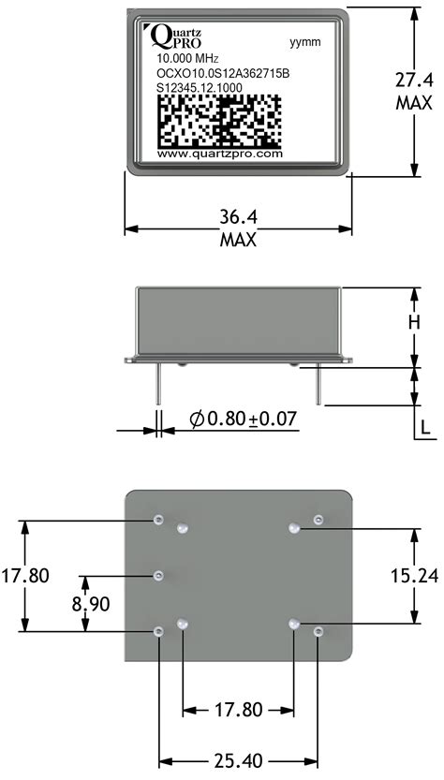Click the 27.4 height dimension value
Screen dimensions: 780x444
pyautogui.click(x=412, y=81)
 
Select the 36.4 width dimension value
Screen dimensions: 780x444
pyautogui.click(x=238, y=217)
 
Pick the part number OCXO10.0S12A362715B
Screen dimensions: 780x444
pyautogui.click(x=215, y=73)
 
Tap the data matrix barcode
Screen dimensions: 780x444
pyautogui.click(x=215, y=119)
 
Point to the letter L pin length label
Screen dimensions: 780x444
pyautogui.click(x=424, y=428)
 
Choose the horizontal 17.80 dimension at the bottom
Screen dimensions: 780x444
pyautogui.click(x=238, y=709)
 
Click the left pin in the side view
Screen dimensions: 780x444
pyautogui.click(x=157, y=385)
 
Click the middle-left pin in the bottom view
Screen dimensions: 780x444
pyautogui.click(x=158, y=574)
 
